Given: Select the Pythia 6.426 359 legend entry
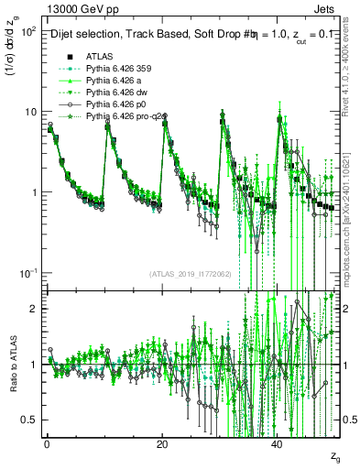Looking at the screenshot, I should tap(116, 69).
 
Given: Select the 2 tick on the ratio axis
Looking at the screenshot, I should tap(32, 309).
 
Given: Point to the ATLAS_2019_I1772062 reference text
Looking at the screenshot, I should tap(191, 274).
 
